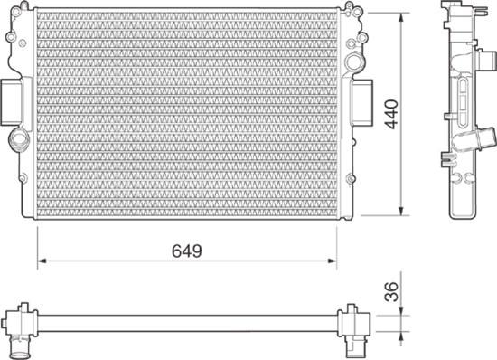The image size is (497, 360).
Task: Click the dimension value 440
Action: pyautogui.click(x=391, y=116)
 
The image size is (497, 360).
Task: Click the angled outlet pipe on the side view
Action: pyautogui.click(x=479, y=140)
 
